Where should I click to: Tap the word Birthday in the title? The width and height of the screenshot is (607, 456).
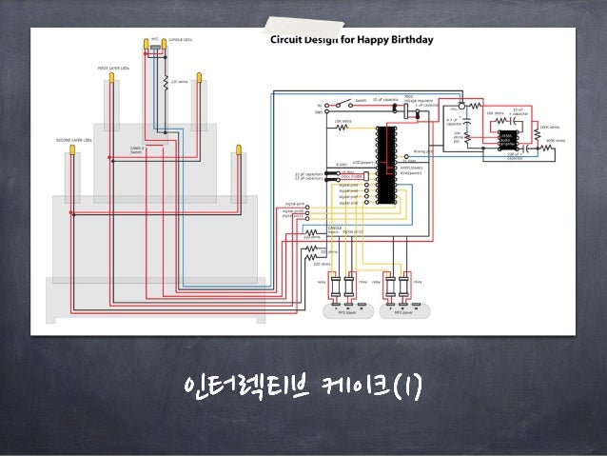410,41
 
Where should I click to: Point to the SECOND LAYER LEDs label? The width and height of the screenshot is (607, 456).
76,140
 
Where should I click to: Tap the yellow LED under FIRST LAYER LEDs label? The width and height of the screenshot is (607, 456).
110,82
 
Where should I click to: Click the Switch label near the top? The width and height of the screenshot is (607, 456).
361,99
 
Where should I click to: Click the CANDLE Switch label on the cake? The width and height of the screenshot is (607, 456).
138,150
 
